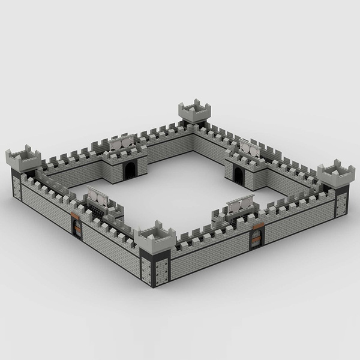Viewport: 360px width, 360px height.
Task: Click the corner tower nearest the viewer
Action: (155, 236)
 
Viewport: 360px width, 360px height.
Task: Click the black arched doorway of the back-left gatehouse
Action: (130, 170)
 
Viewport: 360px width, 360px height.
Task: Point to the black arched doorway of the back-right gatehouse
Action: (238, 175)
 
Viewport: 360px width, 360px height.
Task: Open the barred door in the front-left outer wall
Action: (77, 227)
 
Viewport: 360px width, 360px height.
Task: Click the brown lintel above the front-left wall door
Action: (76, 215)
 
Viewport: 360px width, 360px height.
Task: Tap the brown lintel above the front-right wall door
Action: (257, 226)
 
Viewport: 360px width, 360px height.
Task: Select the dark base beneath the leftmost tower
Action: (17, 183)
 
